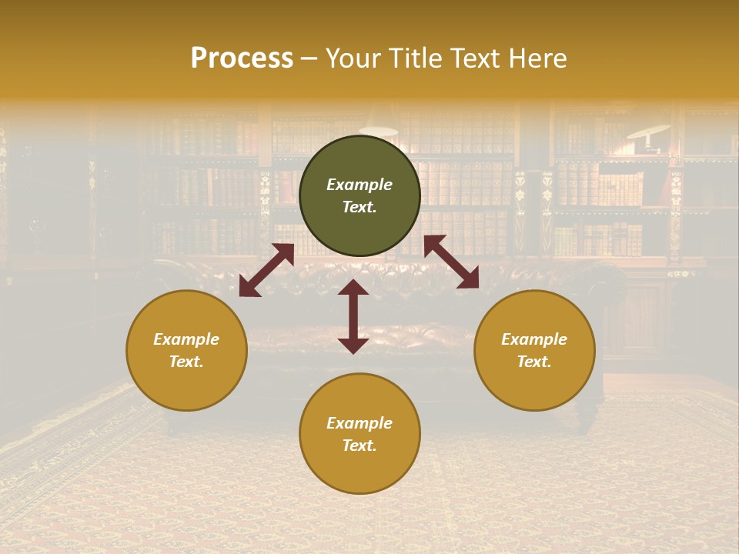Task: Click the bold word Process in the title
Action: tap(242, 58)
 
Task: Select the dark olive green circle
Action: tap(359, 196)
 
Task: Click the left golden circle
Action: tap(186, 350)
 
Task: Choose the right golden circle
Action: tap(534, 350)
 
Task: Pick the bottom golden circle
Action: tap(359, 433)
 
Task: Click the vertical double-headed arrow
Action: tap(353, 316)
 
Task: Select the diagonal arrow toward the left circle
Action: tap(266, 270)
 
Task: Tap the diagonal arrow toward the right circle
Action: tap(451, 262)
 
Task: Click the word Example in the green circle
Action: tap(359, 185)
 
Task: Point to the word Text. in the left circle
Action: tap(186, 362)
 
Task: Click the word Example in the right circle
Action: tap(534, 339)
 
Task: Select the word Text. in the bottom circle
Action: tap(359, 446)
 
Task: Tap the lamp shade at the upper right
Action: tap(647, 131)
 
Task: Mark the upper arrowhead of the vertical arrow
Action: tap(353, 288)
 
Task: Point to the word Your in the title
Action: tap(349, 58)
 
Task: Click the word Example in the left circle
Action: tap(186, 339)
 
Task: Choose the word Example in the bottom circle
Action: tap(359, 423)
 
